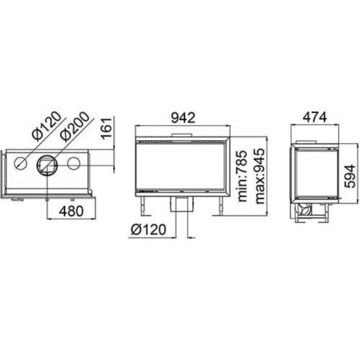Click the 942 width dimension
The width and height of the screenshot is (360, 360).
(183, 118)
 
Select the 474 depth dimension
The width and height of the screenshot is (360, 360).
(315, 117)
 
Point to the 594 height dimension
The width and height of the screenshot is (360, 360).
(350, 176)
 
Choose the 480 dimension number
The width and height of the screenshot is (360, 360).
(71, 211)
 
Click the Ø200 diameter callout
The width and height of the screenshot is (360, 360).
(75, 126)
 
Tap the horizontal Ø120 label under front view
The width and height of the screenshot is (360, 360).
(148, 230)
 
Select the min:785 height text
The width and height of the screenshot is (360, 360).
(242, 176)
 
